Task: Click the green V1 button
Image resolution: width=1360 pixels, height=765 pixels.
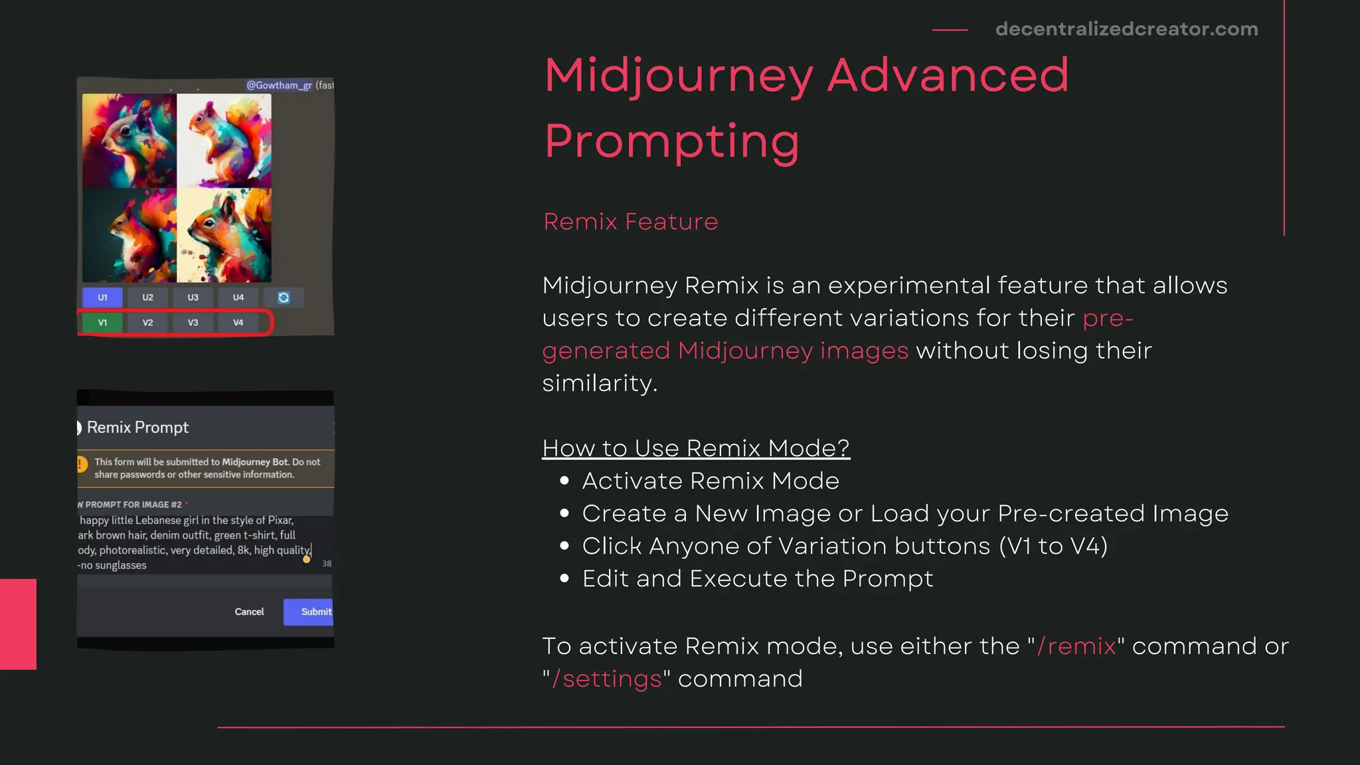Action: (x=102, y=323)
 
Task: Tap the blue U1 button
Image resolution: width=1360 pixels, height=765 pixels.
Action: (x=102, y=297)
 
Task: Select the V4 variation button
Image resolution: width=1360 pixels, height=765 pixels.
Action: (x=238, y=323)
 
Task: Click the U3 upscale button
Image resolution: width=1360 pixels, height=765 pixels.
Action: (x=193, y=297)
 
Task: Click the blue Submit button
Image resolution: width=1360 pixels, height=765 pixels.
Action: (x=309, y=612)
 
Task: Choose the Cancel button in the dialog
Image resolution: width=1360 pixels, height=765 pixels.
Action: (x=249, y=612)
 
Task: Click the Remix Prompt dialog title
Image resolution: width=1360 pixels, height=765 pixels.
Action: (x=137, y=428)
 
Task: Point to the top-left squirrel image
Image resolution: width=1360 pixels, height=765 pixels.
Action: (x=129, y=140)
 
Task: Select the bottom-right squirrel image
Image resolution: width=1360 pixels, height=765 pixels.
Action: (x=224, y=235)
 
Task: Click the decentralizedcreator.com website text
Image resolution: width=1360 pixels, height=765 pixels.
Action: (x=1126, y=29)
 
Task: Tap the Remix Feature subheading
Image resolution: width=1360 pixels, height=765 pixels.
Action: (x=630, y=222)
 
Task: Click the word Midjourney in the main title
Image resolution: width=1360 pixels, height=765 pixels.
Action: (x=679, y=76)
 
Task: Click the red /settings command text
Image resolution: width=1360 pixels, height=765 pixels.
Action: (x=607, y=679)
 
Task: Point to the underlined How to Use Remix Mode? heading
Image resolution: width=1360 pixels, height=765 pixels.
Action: (x=695, y=448)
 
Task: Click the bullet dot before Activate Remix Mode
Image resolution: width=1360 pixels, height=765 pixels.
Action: (x=564, y=481)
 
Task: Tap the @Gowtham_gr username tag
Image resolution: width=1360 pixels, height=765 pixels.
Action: (x=279, y=85)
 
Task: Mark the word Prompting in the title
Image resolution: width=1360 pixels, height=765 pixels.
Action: (x=671, y=141)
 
